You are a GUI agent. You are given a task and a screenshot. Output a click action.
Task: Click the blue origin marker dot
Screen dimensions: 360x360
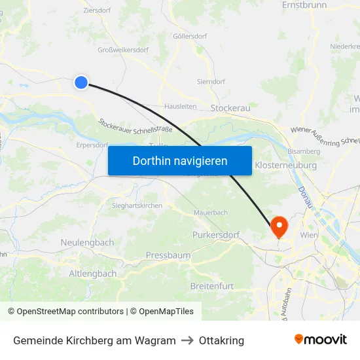(81, 82)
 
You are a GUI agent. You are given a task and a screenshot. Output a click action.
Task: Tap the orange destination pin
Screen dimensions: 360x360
(279, 226)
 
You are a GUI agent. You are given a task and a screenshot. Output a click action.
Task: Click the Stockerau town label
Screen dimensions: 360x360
(230, 107)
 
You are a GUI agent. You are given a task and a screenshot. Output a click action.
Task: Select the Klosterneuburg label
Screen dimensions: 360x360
(285, 166)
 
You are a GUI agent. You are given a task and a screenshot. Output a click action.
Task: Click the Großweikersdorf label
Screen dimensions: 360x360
(123, 49)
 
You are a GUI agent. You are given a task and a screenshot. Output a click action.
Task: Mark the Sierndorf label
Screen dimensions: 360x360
(211, 82)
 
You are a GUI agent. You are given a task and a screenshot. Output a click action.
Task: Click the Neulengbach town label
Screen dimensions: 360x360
(87, 242)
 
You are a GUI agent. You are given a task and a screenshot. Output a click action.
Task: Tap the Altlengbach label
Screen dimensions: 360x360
(93, 273)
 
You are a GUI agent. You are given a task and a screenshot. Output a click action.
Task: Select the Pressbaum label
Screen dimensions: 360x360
(168, 255)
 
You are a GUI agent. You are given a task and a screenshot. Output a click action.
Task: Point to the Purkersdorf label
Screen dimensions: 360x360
(216, 234)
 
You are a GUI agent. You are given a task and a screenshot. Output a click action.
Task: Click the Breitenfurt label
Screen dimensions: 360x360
(212, 287)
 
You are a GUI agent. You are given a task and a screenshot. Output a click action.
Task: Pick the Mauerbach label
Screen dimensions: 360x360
(211, 213)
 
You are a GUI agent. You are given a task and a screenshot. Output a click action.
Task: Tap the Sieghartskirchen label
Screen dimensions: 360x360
(133, 205)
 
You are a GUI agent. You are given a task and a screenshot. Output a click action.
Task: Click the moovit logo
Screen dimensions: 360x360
(320, 340)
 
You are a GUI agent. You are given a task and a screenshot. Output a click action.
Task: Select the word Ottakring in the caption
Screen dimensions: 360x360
(221, 340)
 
